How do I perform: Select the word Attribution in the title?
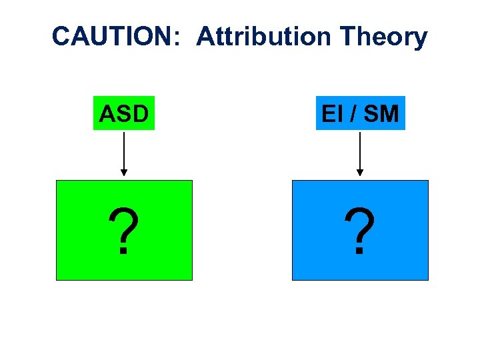coord(263,37)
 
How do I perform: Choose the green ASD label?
coord(123,113)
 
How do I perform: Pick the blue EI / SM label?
coord(360,113)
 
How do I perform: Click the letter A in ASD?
coord(107,114)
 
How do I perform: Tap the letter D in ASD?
coord(140,114)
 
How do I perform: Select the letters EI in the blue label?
coord(331,114)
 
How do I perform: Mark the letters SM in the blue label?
coord(381,114)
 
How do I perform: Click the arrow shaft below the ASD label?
coord(124,150)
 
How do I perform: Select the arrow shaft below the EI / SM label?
coord(360,150)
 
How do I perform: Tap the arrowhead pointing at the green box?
coord(124,172)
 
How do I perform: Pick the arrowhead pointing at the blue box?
coord(360,172)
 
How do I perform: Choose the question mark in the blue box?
coord(360,230)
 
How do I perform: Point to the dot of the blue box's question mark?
coord(359,252)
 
